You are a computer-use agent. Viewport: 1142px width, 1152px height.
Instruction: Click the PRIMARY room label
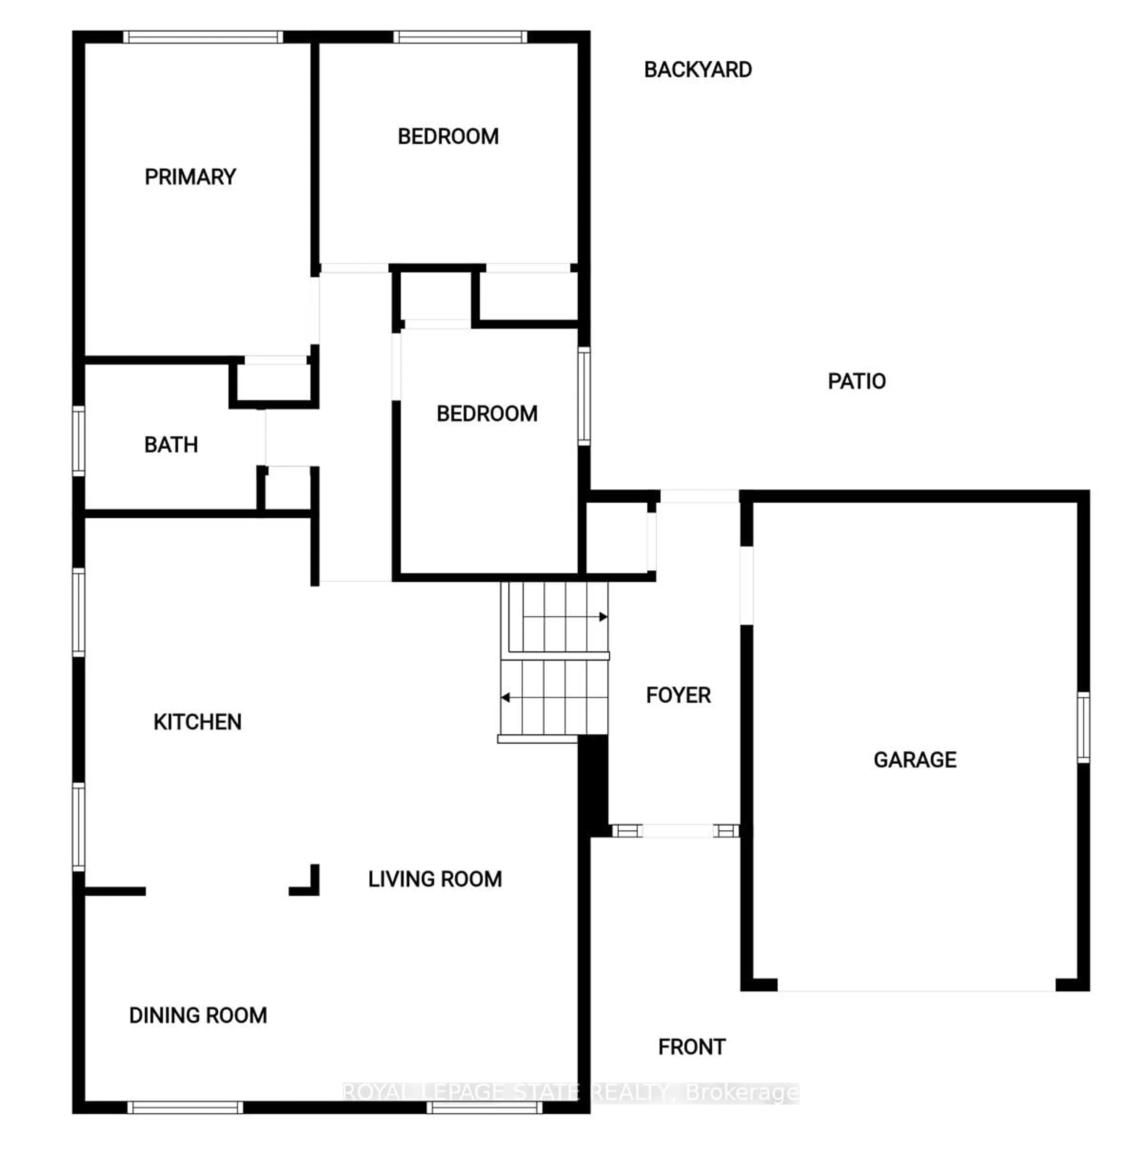pyautogui.click(x=190, y=177)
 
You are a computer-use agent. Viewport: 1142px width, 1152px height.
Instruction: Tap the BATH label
pyautogui.click(x=171, y=445)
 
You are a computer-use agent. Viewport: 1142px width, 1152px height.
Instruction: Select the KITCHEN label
pyautogui.click(x=197, y=722)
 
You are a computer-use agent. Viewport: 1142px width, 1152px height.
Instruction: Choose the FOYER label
pyautogui.click(x=678, y=695)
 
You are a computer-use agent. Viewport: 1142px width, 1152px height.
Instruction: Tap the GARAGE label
pyautogui.click(x=915, y=760)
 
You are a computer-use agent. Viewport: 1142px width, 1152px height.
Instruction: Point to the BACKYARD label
pyautogui.click(x=698, y=70)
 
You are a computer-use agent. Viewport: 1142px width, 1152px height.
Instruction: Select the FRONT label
pyautogui.click(x=691, y=1047)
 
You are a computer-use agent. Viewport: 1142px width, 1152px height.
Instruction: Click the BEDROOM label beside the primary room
pyautogui.click(x=448, y=137)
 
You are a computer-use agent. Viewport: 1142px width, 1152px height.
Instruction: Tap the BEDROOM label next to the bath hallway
pyautogui.click(x=487, y=414)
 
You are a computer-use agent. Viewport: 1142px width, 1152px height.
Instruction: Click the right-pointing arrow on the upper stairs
pyautogui.click(x=603, y=616)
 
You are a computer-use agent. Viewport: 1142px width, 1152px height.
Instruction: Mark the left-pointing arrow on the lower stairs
pyautogui.click(x=506, y=697)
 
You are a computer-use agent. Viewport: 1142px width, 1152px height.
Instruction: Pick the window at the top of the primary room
pyautogui.click(x=203, y=37)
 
